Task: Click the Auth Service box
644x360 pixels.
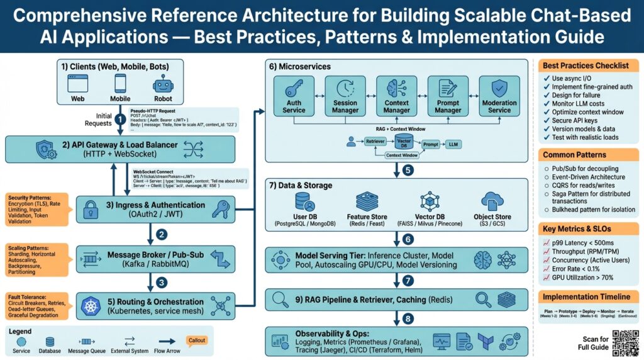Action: tap(294, 96)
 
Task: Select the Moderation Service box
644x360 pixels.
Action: tap(499, 96)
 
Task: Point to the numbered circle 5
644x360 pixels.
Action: tap(408, 169)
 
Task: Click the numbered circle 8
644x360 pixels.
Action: tap(408, 318)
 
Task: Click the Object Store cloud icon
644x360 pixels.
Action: tap(492, 201)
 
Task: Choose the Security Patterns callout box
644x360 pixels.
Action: tap(35, 209)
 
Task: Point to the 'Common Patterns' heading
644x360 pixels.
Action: tap(574, 154)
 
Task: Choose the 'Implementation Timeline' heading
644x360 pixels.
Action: tap(587, 296)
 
